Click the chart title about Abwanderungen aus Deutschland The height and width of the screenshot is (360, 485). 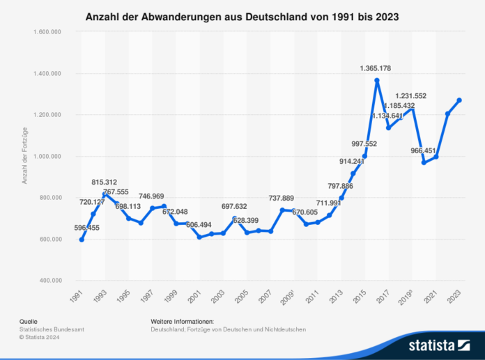pos(242,15)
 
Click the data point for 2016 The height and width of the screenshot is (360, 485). pos(376,81)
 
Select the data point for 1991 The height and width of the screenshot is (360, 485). pos(82,240)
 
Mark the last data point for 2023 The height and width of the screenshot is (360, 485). pos(459,100)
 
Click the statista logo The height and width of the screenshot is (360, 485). pos(433,344)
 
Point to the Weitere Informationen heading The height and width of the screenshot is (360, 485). pos(182,322)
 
